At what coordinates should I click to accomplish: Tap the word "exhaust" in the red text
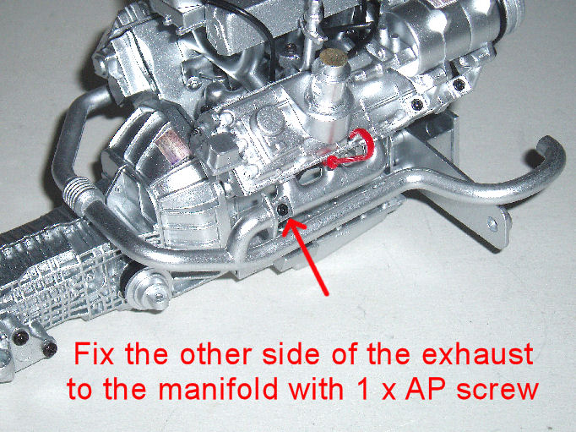pos(478,354)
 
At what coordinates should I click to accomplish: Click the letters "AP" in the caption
pos(427,389)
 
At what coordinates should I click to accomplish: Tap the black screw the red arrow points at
pos(282,210)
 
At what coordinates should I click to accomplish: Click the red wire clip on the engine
pos(350,150)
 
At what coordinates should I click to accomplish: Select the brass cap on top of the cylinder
pos(333,56)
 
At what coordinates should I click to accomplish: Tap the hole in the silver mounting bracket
pos(492,223)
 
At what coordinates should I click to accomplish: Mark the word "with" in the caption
pos(316,389)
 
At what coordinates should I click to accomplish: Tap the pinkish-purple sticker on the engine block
pos(171,145)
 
